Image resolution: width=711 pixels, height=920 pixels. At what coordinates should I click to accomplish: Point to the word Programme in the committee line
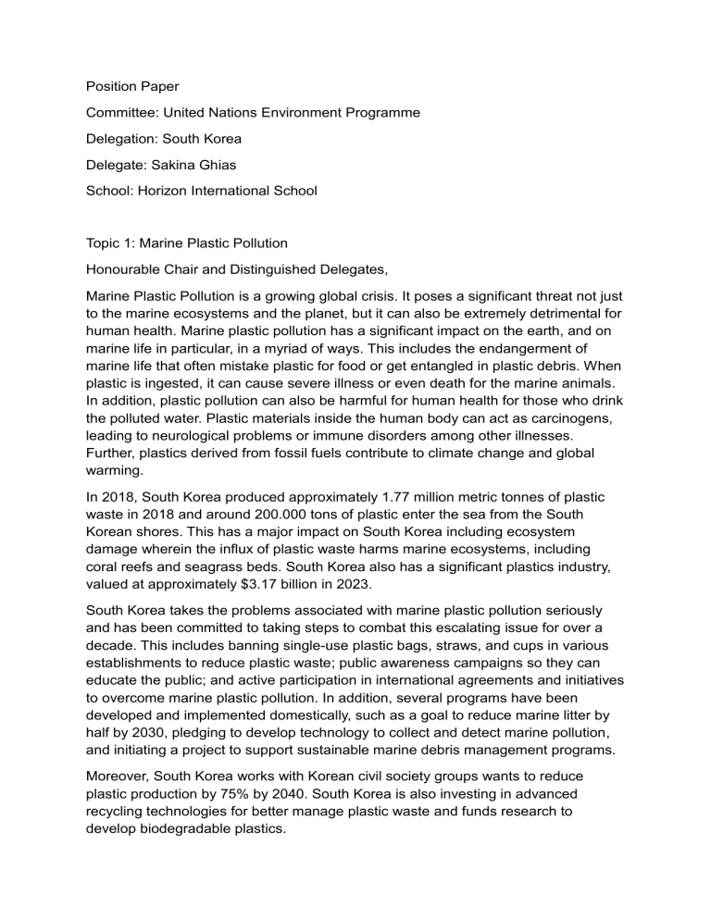tap(380, 112)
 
